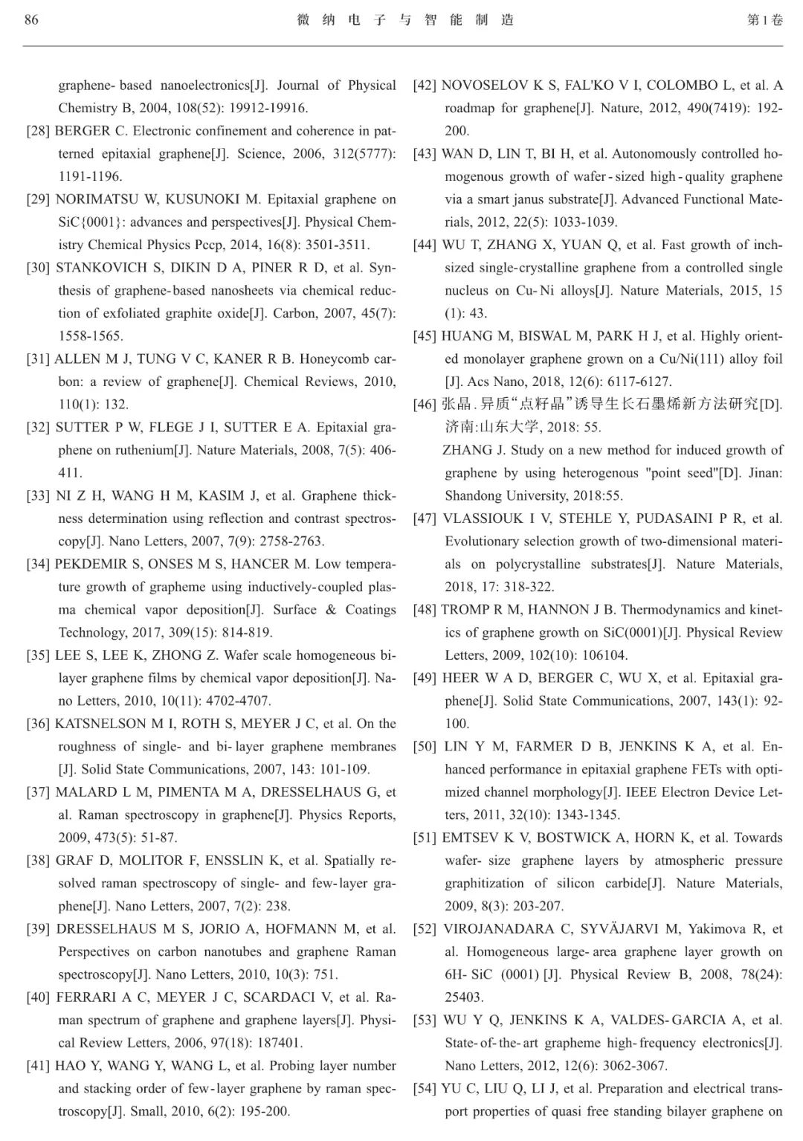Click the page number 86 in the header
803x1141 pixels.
coord(31,20)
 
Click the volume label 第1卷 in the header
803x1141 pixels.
coord(764,20)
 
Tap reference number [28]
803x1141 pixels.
coord(38,131)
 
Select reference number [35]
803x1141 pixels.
coord(38,655)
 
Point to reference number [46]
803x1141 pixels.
coord(425,405)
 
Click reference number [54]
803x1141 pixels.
coord(425,1088)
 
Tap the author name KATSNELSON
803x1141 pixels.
coord(100,724)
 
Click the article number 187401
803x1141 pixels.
coord(274,1043)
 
